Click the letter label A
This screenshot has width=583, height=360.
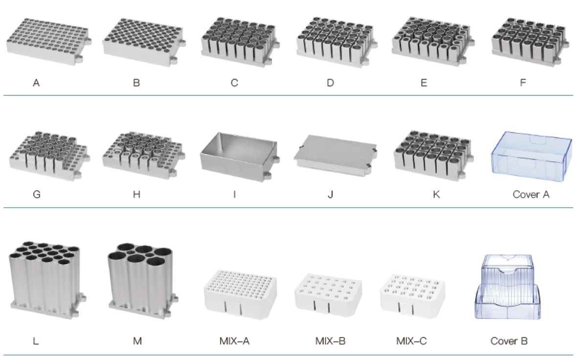pos(36,83)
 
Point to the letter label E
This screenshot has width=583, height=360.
pos(424,83)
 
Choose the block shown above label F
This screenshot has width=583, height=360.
pos(530,41)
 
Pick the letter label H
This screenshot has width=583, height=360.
pos(136,194)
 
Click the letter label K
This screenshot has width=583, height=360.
pos(436,194)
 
